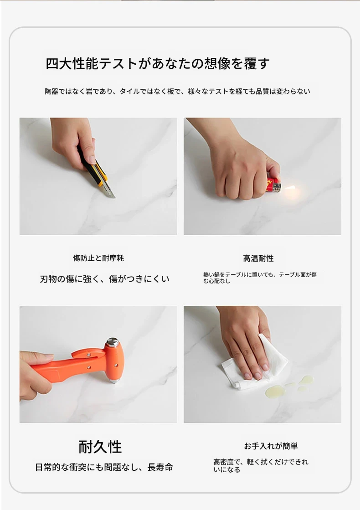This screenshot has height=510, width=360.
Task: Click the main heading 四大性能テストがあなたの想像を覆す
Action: [157, 63]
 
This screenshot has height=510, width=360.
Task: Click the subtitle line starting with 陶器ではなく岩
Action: [177, 92]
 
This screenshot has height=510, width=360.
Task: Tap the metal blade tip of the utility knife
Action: [114, 196]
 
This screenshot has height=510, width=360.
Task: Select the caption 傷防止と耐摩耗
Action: [98, 258]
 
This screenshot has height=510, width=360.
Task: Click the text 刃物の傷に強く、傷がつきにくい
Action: [104, 279]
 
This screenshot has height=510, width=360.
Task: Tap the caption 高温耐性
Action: [258, 258]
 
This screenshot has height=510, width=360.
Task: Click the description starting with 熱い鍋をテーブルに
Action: [260, 278]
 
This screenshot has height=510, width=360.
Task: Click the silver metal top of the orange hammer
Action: [113, 342]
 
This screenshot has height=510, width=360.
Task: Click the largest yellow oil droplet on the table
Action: [275, 392]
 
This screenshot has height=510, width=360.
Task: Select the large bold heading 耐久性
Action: [100, 447]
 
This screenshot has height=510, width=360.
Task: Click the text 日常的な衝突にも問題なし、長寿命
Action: [104, 468]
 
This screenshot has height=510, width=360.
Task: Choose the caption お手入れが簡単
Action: [271, 446]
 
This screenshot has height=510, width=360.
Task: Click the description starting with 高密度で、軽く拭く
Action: [261, 465]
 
